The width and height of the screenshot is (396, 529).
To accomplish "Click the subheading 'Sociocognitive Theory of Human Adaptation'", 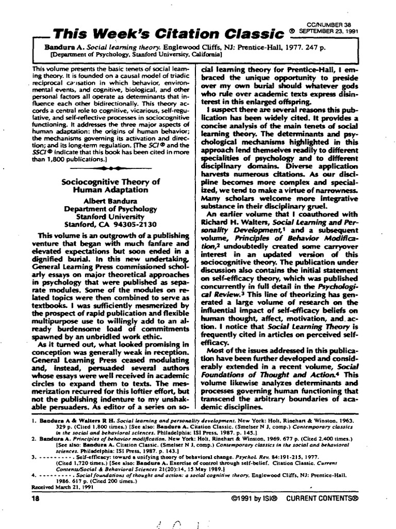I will [111, 185].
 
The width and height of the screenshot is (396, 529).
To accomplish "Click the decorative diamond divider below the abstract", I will [110, 168].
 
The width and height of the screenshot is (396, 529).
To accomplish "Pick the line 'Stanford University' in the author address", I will [110, 216].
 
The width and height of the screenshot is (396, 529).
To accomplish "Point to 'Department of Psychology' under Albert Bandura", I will [110, 209].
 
